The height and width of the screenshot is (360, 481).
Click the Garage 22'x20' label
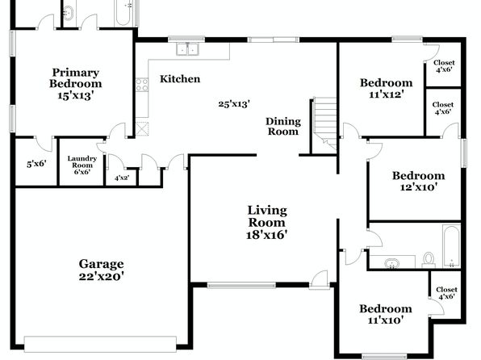[102, 270]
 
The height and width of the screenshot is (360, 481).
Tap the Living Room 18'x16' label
[266, 223]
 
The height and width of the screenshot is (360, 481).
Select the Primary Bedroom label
[76, 78]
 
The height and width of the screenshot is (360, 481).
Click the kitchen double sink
[187, 49]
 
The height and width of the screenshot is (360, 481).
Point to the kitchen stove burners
[142, 85]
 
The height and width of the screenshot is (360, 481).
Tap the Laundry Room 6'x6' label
[82, 165]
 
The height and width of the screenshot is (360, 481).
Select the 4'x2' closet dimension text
[122, 178]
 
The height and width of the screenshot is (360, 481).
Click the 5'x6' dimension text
[36, 164]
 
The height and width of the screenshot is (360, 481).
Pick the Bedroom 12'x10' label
[418, 181]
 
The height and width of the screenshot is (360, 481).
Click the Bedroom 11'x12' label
[386, 88]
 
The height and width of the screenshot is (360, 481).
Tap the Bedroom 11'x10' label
[386, 314]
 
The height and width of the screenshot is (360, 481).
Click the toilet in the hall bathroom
[429, 260]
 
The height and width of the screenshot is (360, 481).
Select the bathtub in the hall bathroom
[451, 246]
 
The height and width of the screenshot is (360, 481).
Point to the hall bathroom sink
[391, 263]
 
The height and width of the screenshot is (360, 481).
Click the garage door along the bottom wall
[100, 344]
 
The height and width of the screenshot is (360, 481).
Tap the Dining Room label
[283, 126]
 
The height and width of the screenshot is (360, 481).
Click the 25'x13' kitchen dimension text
[234, 104]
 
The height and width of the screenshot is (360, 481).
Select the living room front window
[242, 286]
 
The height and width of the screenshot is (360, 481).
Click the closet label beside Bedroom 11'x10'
[446, 293]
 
